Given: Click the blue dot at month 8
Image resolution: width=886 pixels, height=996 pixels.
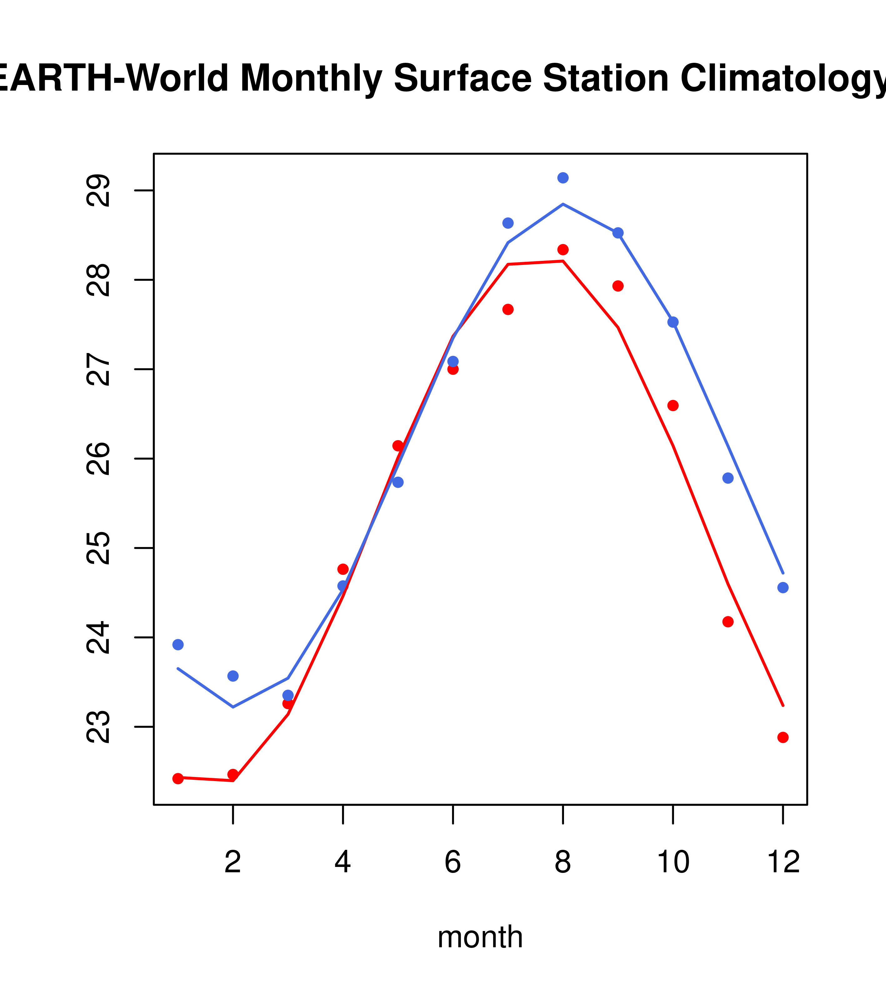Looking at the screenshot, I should pos(563,178).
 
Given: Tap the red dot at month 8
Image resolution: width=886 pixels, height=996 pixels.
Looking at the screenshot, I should pos(563,250).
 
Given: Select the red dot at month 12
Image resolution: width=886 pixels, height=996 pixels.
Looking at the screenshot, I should pos(783,737).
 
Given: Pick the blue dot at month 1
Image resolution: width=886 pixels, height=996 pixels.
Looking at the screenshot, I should pos(178,645).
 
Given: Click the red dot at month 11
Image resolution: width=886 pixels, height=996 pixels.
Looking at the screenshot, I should pos(727,622).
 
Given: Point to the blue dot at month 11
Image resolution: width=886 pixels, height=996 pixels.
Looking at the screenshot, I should pos(727,478).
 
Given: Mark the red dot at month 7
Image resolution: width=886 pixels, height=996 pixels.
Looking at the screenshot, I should pos(508,309).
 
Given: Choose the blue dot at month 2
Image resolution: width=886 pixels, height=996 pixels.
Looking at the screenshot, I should pos(233,676).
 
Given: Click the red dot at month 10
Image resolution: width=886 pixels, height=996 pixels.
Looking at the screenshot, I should pos(673,406).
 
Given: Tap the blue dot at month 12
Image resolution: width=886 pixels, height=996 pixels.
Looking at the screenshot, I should pos(783,588).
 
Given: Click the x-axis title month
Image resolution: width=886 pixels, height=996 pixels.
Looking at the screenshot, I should pos(480,937).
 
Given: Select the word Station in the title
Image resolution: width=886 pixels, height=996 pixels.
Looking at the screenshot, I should pos(606,78).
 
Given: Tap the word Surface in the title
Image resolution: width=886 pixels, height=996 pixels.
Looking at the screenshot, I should pos(462,78).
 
